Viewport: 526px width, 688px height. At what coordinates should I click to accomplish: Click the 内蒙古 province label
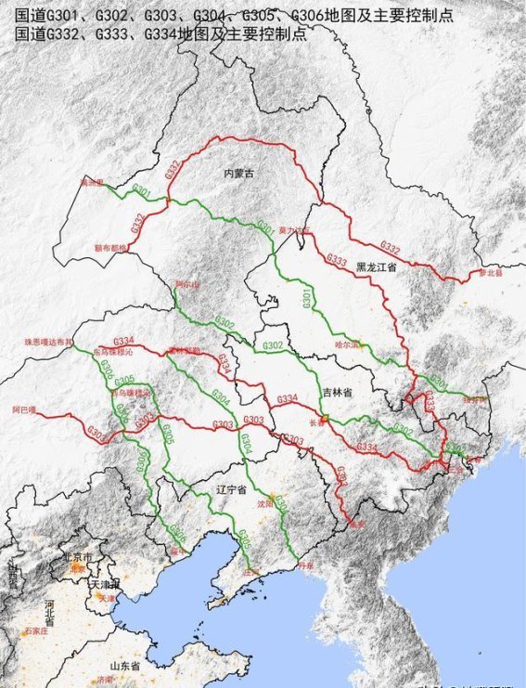click(239, 174)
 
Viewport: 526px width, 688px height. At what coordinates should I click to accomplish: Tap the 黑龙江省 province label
click(375, 266)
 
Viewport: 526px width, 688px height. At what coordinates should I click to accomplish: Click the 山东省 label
click(124, 667)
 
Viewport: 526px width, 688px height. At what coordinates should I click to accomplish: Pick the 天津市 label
click(99, 586)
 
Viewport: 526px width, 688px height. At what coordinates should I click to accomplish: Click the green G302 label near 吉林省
click(273, 345)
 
